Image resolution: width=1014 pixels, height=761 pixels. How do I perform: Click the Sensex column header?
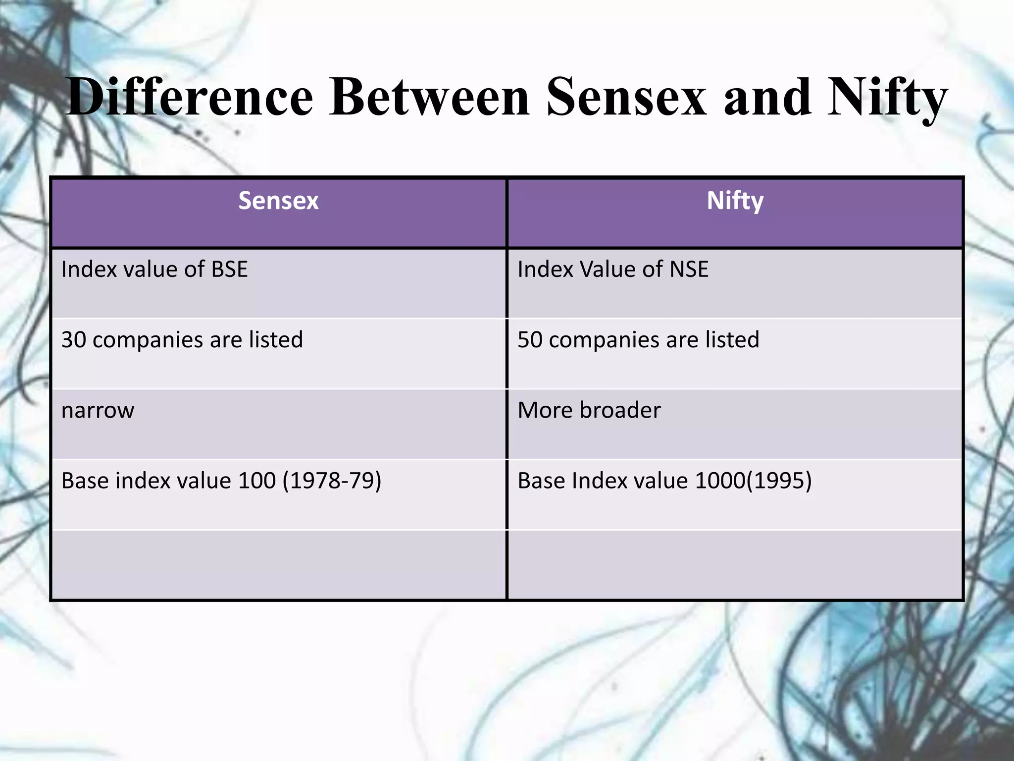(278, 201)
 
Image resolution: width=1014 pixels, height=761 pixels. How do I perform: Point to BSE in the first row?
(229, 270)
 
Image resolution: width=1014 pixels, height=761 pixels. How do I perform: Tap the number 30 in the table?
(73, 340)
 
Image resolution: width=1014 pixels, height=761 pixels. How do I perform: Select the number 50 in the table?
(530, 340)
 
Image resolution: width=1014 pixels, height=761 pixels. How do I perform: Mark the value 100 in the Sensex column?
(256, 481)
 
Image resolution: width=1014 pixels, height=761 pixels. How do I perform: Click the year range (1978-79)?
(332, 481)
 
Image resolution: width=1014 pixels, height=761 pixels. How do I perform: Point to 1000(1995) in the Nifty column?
(753, 481)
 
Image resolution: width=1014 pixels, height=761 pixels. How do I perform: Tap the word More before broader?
(545, 410)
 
